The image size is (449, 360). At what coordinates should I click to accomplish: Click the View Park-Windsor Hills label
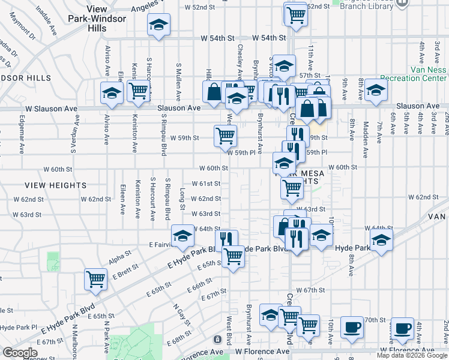coord(106,19)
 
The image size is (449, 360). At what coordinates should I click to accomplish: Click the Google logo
coord(20,353)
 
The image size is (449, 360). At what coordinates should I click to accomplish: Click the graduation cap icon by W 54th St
coord(158,25)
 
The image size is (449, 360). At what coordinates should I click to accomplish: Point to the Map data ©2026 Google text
coord(412,355)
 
